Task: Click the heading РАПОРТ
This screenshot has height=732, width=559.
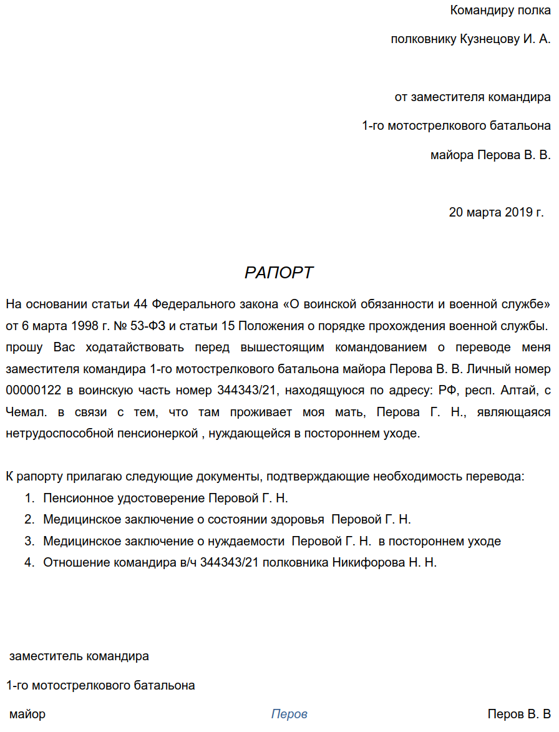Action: (x=279, y=273)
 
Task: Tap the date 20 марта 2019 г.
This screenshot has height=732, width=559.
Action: (x=496, y=212)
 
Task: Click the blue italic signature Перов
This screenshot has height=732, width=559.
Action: (x=289, y=714)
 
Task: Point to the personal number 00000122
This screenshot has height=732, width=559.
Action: (x=31, y=391)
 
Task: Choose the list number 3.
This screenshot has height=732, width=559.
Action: (x=29, y=541)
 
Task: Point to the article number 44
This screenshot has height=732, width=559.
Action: (x=141, y=305)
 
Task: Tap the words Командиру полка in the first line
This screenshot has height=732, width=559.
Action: (x=500, y=11)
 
